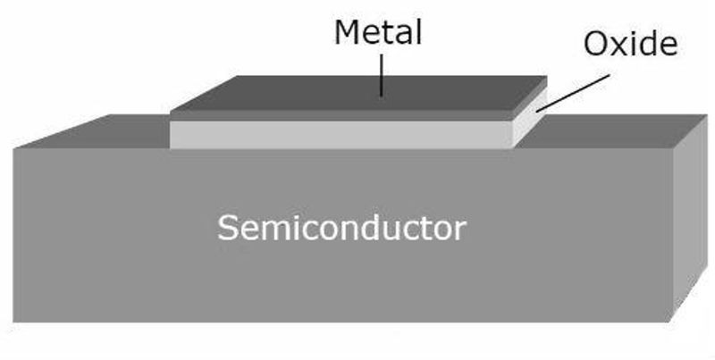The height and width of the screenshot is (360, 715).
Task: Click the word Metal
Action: [377, 32]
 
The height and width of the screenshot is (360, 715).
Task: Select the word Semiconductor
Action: [341, 229]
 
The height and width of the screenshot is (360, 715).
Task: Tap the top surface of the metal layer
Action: [357, 93]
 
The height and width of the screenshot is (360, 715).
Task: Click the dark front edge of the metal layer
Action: [340, 116]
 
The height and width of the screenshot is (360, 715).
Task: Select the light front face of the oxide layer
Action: [340, 134]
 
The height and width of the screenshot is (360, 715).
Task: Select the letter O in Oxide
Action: [596, 43]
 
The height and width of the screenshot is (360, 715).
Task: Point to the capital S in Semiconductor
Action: [228, 229]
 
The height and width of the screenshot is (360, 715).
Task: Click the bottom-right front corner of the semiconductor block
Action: [670, 322]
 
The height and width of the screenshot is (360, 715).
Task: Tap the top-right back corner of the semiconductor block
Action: [694, 115]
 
